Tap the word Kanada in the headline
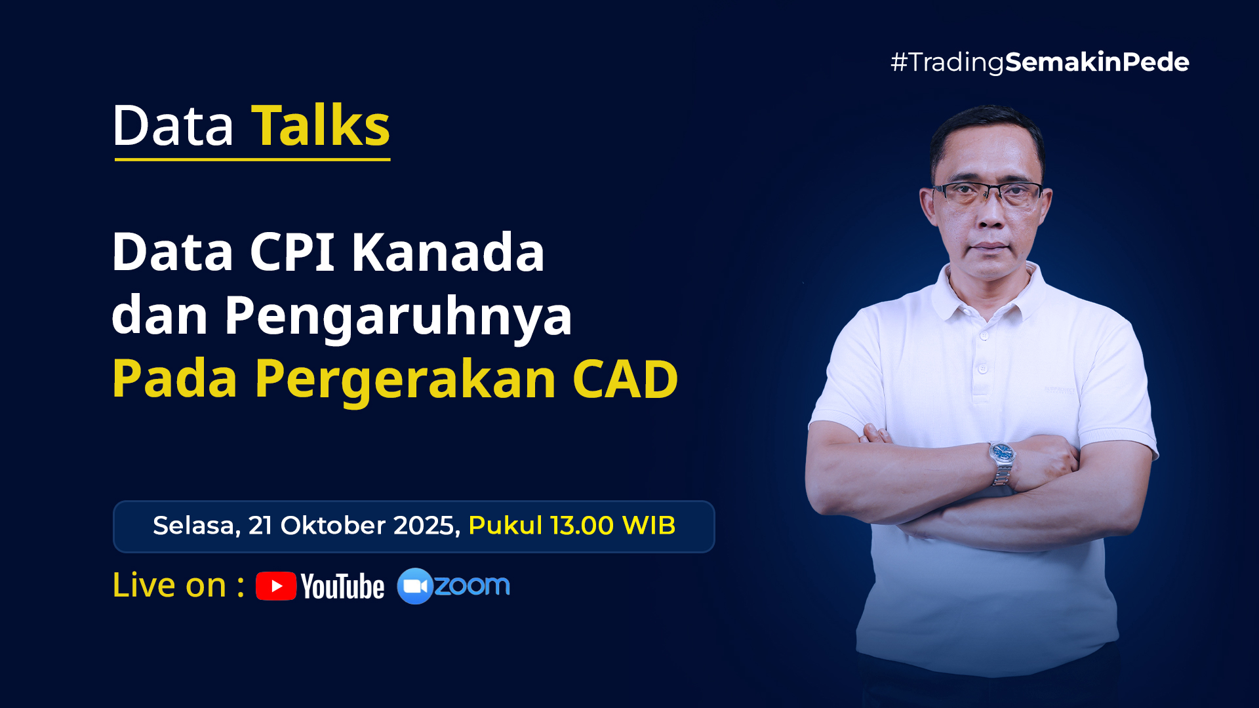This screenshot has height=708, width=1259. click(448, 252)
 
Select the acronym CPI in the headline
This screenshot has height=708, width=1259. click(292, 252)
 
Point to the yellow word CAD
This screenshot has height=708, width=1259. click(625, 379)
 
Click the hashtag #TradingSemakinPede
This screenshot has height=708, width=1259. click(1039, 63)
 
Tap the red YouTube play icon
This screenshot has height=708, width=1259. click(276, 586)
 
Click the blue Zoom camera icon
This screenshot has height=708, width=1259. click(415, 586)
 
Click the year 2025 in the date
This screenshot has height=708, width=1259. click(427, 526)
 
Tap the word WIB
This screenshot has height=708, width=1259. click(649, 526)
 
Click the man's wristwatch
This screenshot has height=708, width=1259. click(1003, 463)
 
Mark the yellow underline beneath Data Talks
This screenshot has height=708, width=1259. click(252, 159)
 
